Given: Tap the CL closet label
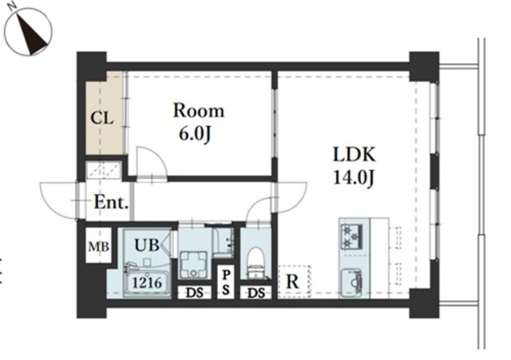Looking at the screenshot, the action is click(102, 118).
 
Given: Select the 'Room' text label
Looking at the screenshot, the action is click(199, 111).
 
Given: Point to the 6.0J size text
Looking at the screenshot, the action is click(196, 133).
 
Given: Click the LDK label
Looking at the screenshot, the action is click(355, 155).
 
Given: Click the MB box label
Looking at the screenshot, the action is click(98, 247).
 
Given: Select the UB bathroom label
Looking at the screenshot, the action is click(147, 245).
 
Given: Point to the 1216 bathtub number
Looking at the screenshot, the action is click(147, 283).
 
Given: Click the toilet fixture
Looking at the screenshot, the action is click(255, 263).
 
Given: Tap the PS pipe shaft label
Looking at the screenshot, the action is click(225, 283).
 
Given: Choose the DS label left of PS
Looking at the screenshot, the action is click(195, 293).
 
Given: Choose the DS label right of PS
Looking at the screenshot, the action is click(256, 293).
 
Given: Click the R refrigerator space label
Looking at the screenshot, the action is click(292, 282).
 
